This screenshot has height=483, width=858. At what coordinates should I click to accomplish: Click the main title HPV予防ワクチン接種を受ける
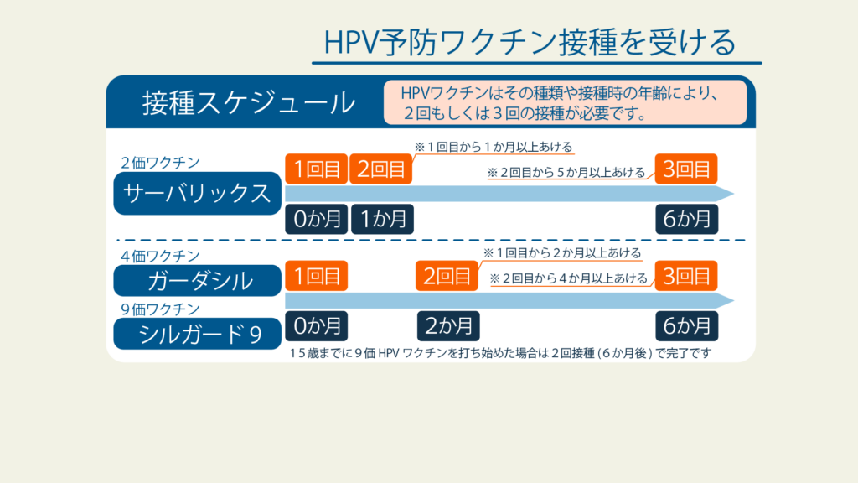coord(530,42)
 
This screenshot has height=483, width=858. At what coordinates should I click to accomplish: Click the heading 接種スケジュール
coord(249,102)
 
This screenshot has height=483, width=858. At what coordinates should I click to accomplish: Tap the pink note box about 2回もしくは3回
coord(565,102)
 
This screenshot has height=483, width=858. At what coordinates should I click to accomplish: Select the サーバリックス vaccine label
coord(197,194)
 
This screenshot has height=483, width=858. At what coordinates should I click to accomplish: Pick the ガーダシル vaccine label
coord(197,280)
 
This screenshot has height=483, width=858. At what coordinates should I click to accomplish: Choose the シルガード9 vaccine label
coord(197,334)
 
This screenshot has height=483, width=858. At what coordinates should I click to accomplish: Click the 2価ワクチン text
coord(160,163)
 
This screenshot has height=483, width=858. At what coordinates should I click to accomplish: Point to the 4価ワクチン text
coord(160,256)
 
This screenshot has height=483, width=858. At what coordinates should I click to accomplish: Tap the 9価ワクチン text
coord(160,309)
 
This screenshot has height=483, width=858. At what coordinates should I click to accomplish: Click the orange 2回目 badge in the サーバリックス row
coord(381,169)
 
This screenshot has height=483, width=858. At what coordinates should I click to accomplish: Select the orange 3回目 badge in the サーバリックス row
coord(686,169)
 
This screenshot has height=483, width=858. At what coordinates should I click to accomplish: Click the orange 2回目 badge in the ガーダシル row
coord(447,275)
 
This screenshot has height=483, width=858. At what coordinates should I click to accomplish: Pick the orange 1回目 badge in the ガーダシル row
coord(316,275)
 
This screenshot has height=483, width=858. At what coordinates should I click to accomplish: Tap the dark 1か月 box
coord(382,219)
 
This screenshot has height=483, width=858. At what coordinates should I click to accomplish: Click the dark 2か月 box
coord(449,326)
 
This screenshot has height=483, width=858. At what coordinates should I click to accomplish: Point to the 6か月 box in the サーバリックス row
coord(687,219)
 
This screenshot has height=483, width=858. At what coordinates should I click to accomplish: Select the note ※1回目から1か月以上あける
coord(493,147)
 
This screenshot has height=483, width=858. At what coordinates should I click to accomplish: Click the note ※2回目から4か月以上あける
coord(569,278)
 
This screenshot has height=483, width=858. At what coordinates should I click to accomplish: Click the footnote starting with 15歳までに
coord(500,353)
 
